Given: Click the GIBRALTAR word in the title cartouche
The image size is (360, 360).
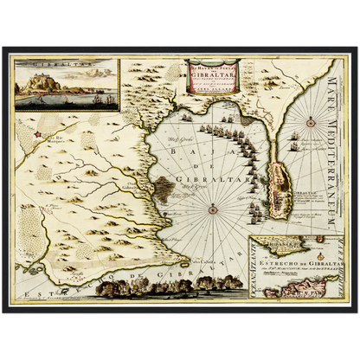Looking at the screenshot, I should point(213,78).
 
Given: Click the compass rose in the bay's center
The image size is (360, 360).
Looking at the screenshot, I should point(213,206).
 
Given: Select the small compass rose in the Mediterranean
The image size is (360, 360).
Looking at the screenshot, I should point(310,124).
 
